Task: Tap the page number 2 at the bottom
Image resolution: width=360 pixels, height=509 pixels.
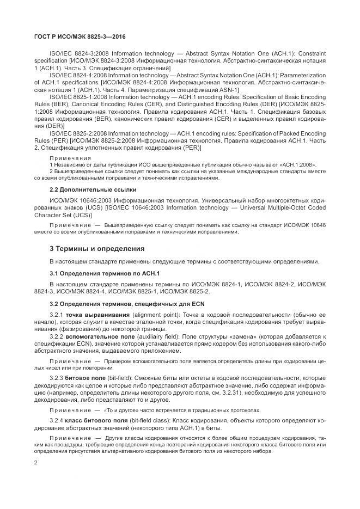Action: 35,463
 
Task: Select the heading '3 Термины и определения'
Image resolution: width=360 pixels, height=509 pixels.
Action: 97,248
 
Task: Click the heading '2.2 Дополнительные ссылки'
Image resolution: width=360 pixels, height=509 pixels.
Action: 93,189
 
